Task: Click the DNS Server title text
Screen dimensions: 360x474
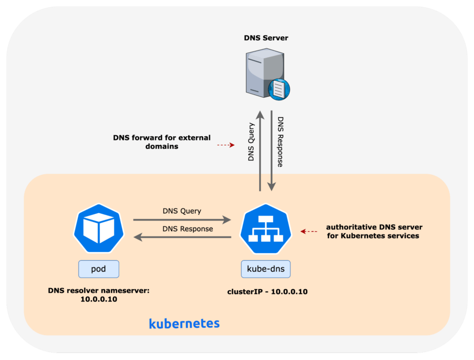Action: click(x=266, y=38)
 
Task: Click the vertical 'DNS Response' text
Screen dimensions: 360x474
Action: click(x=281, y=141)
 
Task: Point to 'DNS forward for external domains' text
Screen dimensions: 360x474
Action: click(x=162, y=142)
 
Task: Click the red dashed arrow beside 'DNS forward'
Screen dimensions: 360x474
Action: click(x=226, y=145)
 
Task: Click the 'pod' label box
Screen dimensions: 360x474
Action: click(x=99, y=269)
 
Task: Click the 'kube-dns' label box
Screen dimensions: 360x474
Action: click(x=266, y=269)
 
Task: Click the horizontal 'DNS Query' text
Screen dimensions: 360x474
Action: click(x=182, y=211)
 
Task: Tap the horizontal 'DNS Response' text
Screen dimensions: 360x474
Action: click(x=187, y=229)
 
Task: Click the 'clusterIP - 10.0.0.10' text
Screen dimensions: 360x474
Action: click(x=267, y=292)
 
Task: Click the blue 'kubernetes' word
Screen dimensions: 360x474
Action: click(x=184, y=323)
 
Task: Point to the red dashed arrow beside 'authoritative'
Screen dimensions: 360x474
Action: click(x=309, y=231)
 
